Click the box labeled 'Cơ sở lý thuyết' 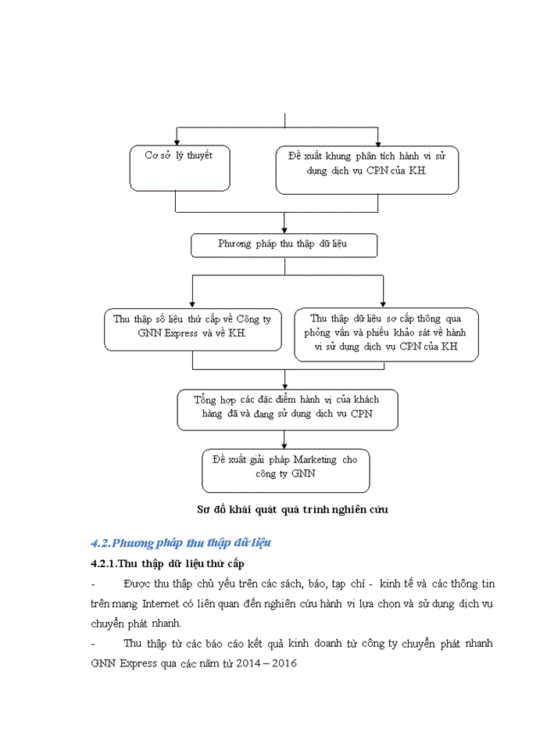tap(180, 168)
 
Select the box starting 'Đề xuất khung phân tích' tap(366, 170)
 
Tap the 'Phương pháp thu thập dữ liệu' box tap(284, 244)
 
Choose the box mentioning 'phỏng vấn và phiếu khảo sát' tap(386, 333)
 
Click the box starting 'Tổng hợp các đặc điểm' tap(288, 409)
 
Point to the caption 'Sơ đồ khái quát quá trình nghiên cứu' tap(293, 509)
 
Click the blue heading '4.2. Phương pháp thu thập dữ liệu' tap(181, 542)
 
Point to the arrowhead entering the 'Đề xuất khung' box tap(378, 142)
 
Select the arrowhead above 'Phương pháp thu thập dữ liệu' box tap(285, 228)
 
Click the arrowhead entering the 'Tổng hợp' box tap(285, 385)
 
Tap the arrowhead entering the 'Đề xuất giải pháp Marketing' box tap(285, 444)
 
